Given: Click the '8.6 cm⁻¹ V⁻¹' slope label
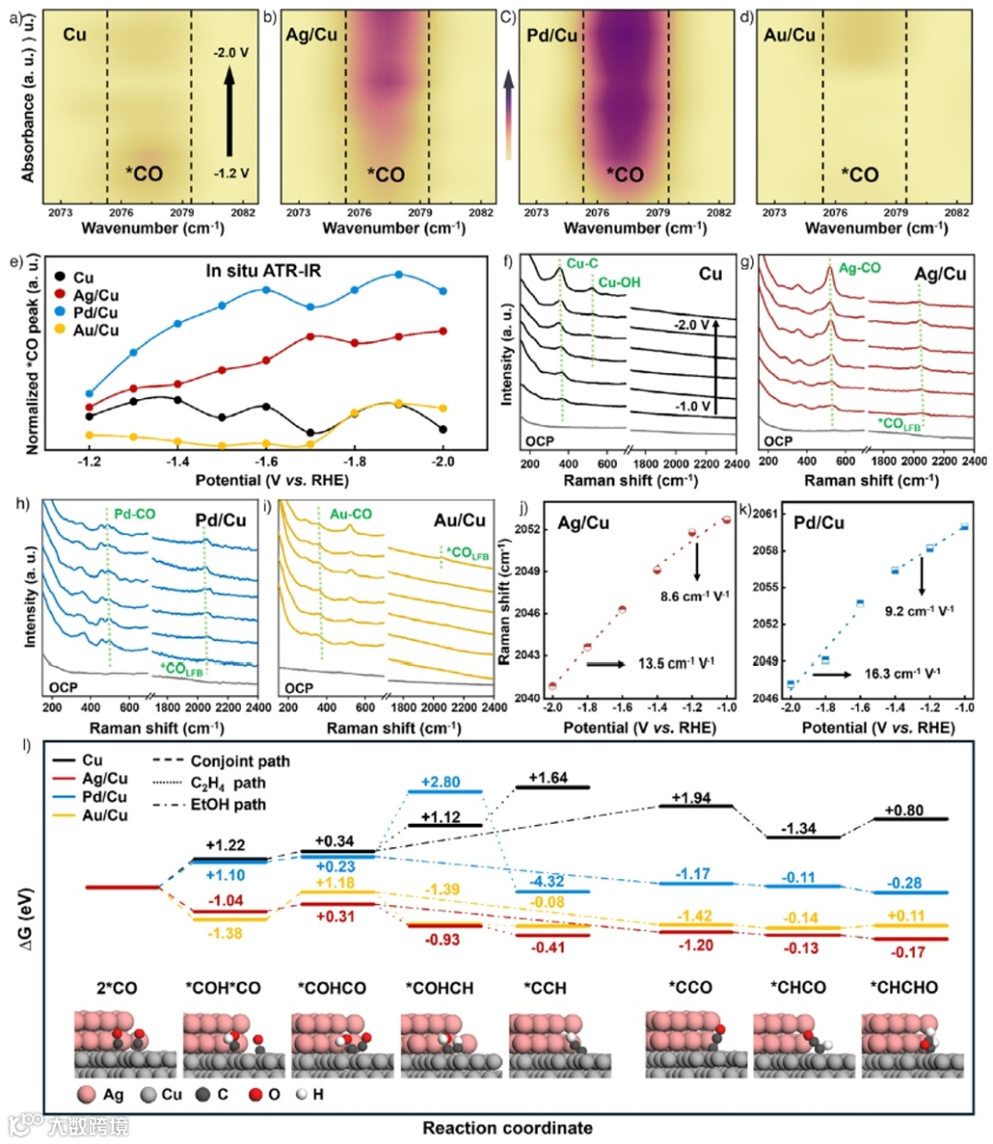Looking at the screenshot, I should click(x=694, y=597).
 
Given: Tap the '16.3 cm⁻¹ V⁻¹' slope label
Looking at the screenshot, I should click(x=903, y=674).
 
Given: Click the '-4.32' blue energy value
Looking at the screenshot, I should click(x=548, y=881).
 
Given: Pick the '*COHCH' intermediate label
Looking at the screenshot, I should click(x=439, y=988).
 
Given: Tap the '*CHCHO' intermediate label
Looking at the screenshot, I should click(x=904, y=988).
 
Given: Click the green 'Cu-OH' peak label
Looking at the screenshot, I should click(x=619, y=283).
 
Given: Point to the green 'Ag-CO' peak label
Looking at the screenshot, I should click(x=859, y=269).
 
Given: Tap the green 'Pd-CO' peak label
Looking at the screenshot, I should click(x=134, y=514).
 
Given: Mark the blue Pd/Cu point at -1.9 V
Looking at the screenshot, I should click(x=399, y=275).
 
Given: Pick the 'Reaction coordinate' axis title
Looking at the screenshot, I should click(x=508, y=1127).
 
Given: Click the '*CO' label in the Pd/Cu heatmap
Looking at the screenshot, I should click(x=625, y=175).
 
